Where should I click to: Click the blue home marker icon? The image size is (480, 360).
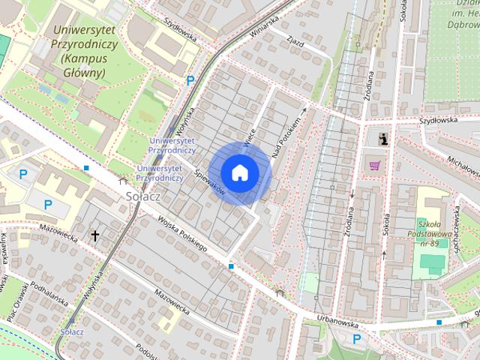[x=240, y=173]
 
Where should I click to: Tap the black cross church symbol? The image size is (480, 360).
[x=95, y=236]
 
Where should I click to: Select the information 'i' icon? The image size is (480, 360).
[x=384, y=139]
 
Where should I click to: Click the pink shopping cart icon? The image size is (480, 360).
[x=373, y=165]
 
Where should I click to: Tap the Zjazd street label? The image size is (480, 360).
[x=295, y=43]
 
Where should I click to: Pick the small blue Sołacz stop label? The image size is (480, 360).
[x=71, y=331]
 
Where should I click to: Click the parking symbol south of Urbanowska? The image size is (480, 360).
[x=357, y=338]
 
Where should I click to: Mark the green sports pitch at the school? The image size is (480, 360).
[x=431, y=264]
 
